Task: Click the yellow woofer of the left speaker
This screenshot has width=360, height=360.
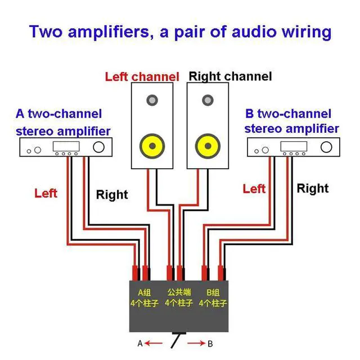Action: (152, 145)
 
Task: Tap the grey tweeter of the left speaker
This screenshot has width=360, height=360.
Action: (152, 101)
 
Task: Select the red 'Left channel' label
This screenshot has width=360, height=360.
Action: (142, 76)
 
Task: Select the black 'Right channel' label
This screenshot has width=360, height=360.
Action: (230, 76)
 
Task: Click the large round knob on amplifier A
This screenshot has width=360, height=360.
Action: (100, 148)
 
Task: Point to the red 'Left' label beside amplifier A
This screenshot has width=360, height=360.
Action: (46, 193)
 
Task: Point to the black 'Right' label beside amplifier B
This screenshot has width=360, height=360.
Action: (312, 188)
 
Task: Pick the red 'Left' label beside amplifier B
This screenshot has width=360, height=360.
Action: (254, 188)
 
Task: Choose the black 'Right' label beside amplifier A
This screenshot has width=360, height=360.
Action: (112, 195)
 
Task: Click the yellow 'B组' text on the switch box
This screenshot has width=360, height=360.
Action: (213, 292)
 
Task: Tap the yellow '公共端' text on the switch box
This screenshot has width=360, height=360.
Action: (178, 292)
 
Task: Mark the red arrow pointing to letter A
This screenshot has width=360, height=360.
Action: (155, 343)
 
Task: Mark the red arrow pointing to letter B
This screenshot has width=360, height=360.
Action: (197, 343)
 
